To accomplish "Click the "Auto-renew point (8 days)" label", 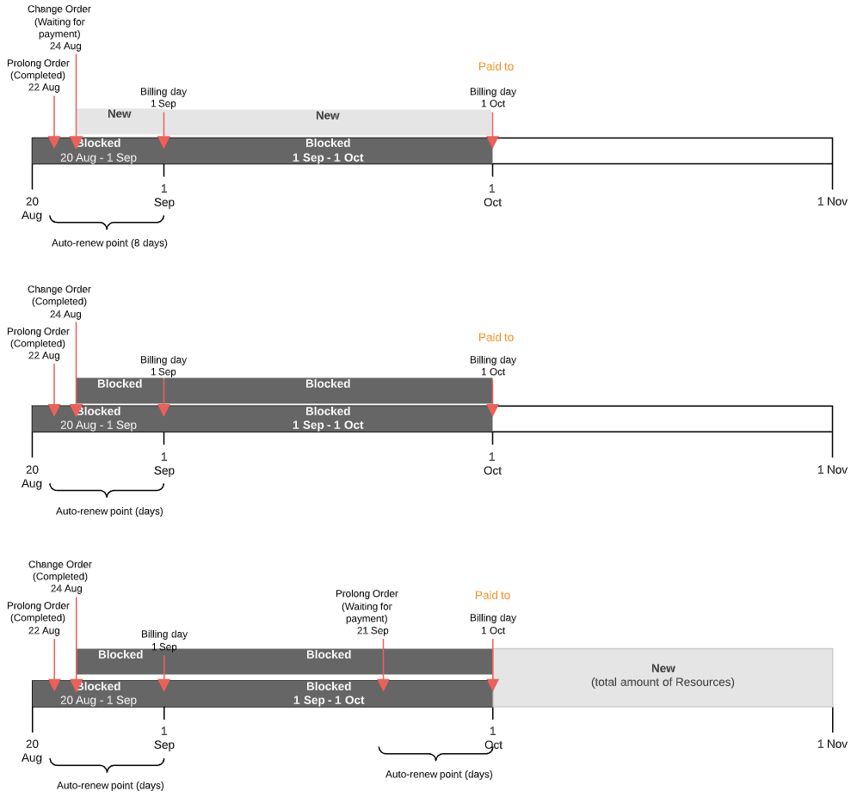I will pyautogui.click(x=109, y=243).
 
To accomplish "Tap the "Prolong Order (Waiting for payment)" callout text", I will pyautogui.click(x=367, y=612).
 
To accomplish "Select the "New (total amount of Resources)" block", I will pyautogui.click(x=663, y=676).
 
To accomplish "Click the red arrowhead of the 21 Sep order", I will pyautogui.click(x=384, y=685).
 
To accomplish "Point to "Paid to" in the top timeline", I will pyautogui.click(x=496, y=66).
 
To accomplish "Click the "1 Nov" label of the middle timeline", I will pyautogui.click(x=832, y=470).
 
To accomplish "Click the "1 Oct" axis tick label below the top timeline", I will pyautogui.click(x=492, y=196).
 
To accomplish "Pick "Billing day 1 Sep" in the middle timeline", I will pyautogui.click(x=163, y=366).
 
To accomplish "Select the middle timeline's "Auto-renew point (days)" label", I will pyautogui.click(x=109, y=512).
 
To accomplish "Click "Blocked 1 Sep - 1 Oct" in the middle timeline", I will pyautogui.click(x=328, y=419).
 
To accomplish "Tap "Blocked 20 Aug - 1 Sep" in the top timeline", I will pyautogui.click(x=98, y=150).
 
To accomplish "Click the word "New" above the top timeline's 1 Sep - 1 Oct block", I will pyautogui.click(x=328, y=116).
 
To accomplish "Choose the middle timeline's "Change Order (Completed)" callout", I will pyautogui.click(x=59, y=302).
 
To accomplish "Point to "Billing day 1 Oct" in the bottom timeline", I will pyautogui.click(x=493, y=624).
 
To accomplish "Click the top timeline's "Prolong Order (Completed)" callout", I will pyautogui.click(x=38, y=76).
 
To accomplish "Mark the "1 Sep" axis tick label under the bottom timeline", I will pyautogui.click(x=163, y=739).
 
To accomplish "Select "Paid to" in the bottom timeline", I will pyautogui.click(x=492, y=595).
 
